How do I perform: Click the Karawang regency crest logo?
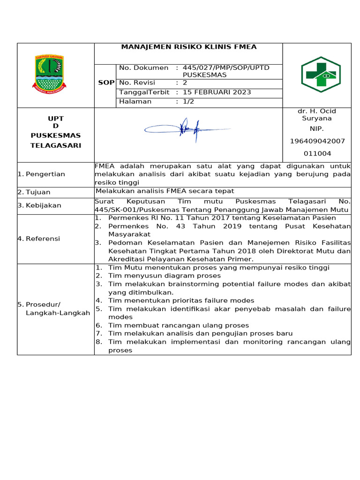[x=49, y=73]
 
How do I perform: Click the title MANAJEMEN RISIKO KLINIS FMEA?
[x=189, y=47]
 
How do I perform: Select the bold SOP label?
[x=106, y=82]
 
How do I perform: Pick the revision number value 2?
[x=185, y=82]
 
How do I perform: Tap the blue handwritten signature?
[x=186, y=127]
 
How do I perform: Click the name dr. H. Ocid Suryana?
[x=317, y=115]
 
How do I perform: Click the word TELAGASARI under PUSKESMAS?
[x=56, y=145]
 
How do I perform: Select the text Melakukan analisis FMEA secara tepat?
[x=165, y=191]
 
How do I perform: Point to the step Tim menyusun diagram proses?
[x=164, y=276]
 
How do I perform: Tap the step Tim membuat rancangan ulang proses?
[x=178, y=325]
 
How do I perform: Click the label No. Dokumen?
[x=143, y=67]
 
